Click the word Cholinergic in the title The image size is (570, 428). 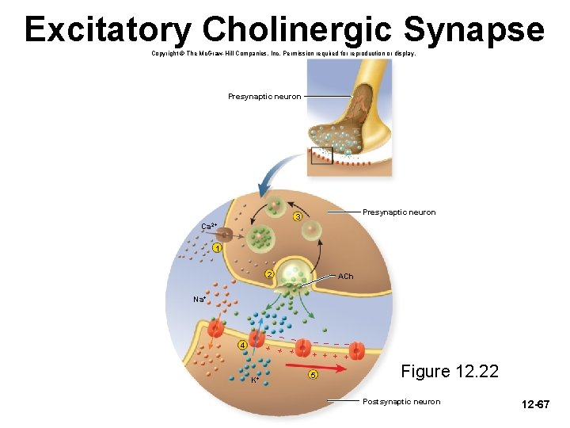298,30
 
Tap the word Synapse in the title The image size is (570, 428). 473,30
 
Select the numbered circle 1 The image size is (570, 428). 217,248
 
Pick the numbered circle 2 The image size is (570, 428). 269,275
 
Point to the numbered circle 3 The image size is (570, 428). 298,217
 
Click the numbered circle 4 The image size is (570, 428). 243,344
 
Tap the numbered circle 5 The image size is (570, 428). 313,375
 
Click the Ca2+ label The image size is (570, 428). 209,227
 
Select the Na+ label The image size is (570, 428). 199,300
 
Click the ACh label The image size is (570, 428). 345,277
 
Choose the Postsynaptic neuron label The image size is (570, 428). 401,402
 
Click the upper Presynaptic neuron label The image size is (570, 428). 264,97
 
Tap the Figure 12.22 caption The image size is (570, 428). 450,371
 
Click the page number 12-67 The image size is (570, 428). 535,405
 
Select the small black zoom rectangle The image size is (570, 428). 321,155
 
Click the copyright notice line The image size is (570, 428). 283,54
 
